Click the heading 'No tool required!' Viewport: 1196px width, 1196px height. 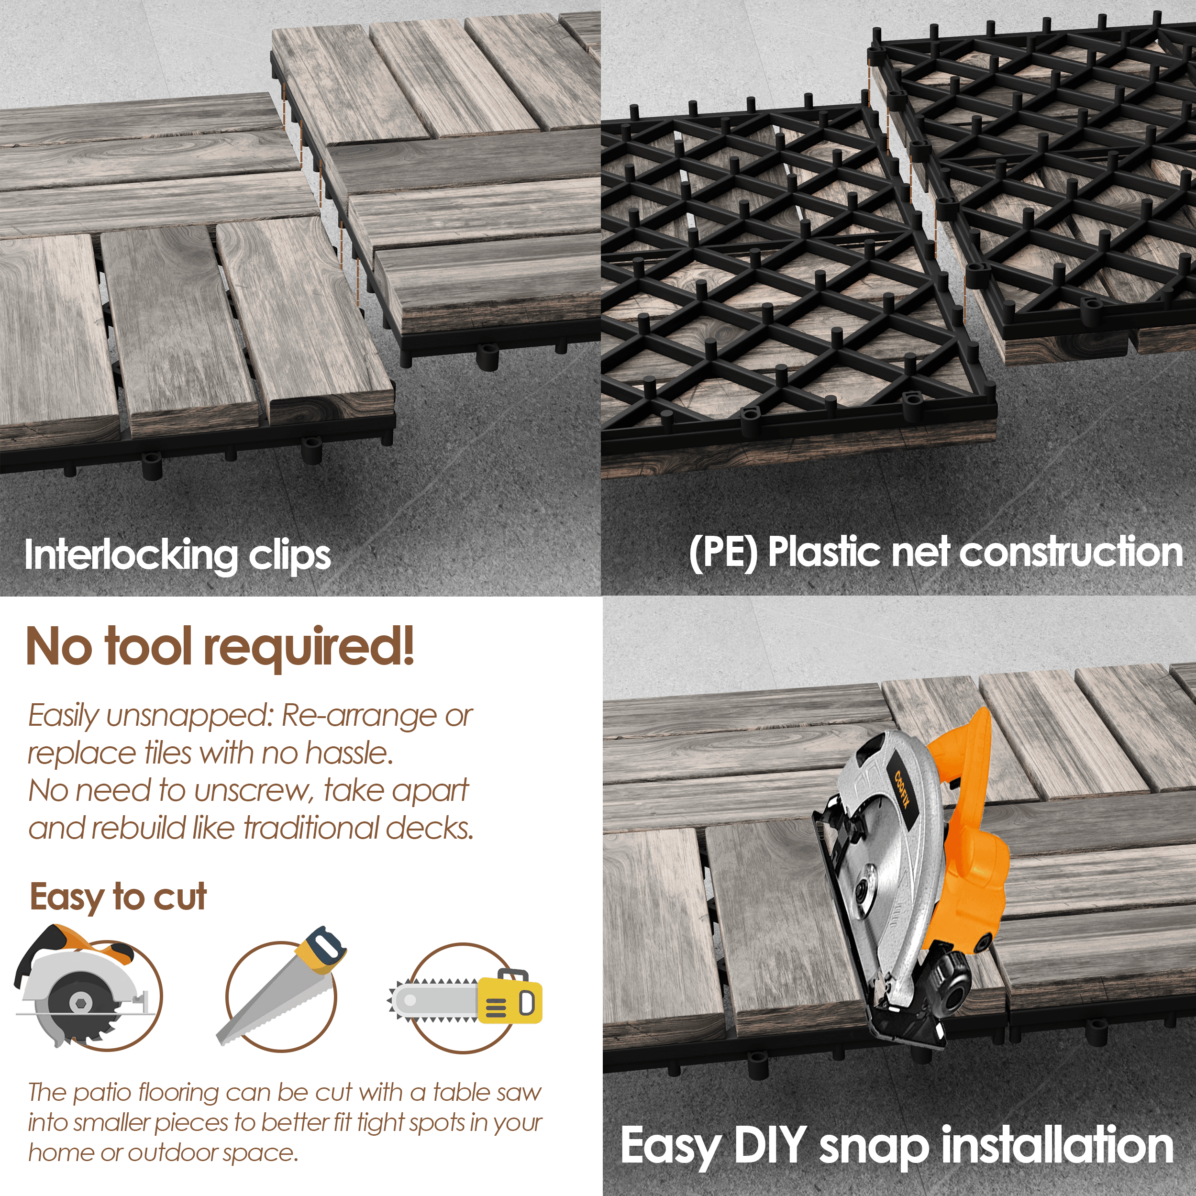coord(220,647)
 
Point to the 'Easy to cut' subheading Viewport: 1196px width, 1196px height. coord(118,897)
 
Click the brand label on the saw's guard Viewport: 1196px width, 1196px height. coord(902,789)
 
